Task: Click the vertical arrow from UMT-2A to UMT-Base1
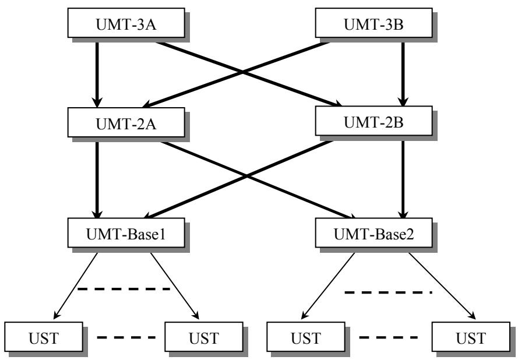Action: (97, 178)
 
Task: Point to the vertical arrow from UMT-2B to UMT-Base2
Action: (403, 178)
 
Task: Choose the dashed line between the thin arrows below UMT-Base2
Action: (388, 292)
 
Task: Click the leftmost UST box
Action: (44, 337)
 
